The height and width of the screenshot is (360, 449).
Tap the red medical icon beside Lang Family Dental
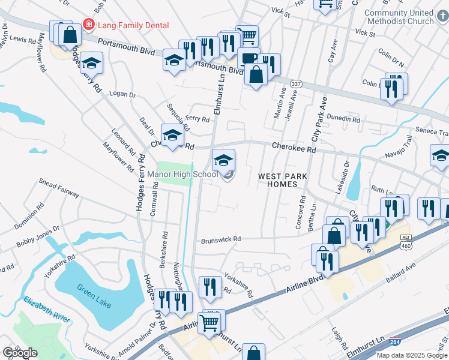coord(89,25)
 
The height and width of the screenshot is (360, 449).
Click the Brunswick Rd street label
coord(220,239)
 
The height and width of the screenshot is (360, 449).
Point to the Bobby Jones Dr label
coord(38,237)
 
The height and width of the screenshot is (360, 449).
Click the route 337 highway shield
coord(295,83)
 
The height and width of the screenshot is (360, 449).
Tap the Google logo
coord(20,353)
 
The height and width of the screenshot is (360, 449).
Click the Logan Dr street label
coord(122,94)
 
